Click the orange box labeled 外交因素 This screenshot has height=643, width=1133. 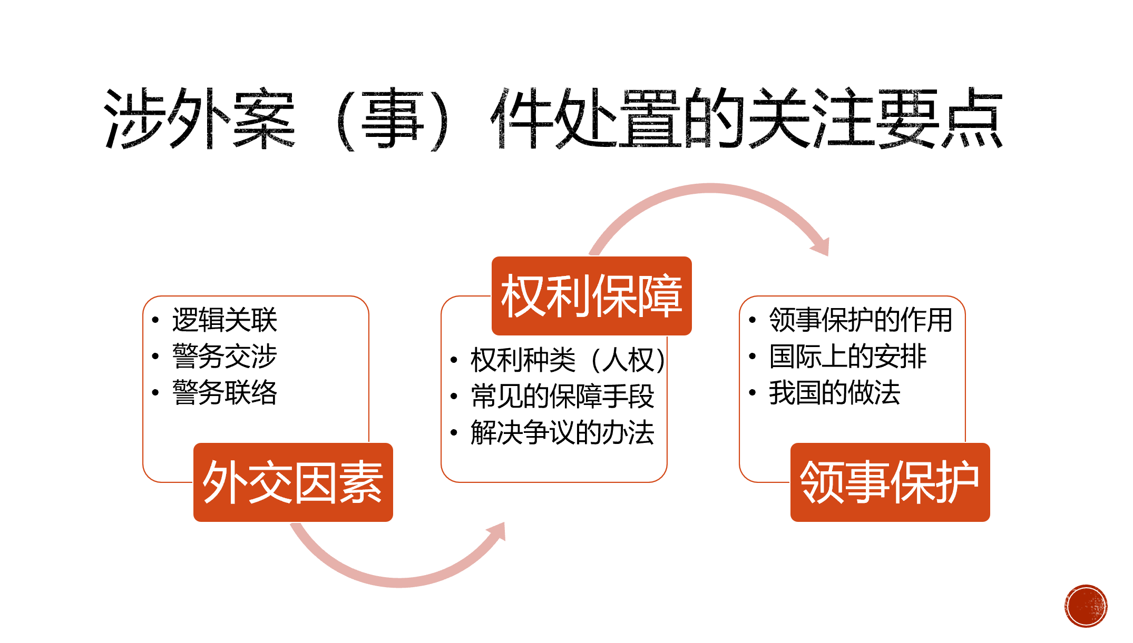[x=293, y=482]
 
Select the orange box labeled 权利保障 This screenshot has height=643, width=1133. [x=591, y=296]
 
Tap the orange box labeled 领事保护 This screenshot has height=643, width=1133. [x=890, y=482]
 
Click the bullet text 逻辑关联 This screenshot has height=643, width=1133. [x=224, y=320]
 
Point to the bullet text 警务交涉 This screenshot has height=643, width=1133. [x=224, y=356]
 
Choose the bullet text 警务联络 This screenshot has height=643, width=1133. [x=224, y=392]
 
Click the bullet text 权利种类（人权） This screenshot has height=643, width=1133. [x=568, y=360]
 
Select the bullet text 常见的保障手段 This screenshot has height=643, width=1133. [x=562, y=396]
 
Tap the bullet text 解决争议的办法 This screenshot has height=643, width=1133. [x=562, y=432]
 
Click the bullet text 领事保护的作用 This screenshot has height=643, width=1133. [x=861, y=320]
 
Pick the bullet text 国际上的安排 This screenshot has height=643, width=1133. [x=847, y=356]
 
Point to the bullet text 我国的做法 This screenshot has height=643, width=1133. [x=834, y=392]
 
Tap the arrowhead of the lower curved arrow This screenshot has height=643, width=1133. [x=497, y=531]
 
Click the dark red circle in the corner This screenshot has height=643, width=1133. [x=1086, y=606]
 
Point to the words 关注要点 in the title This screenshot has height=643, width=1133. [x=875, y=118]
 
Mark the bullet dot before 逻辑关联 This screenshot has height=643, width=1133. [x=155, y=320]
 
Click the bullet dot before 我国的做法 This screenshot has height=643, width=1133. [x=753, y=392]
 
